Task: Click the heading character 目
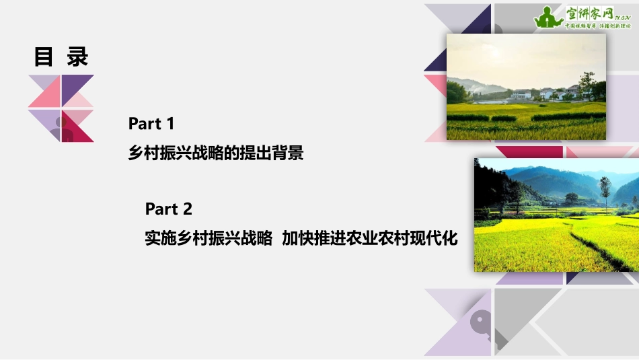[x=44, y=57]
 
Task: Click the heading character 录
[x=77, y=57]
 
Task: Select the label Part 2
[x=169, y=209]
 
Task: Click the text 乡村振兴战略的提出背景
[x=216, y=154]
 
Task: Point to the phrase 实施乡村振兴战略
[x=209, y=238]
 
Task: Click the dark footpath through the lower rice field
[x=592, y=246]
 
